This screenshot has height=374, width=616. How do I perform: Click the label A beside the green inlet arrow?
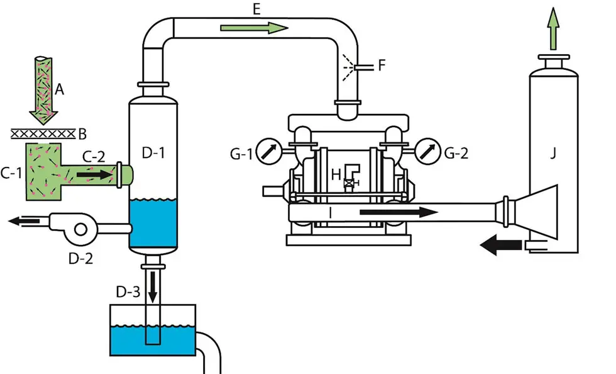[x=60, y=90]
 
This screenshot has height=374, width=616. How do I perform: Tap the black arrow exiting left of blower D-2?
[x=24, y=221]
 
